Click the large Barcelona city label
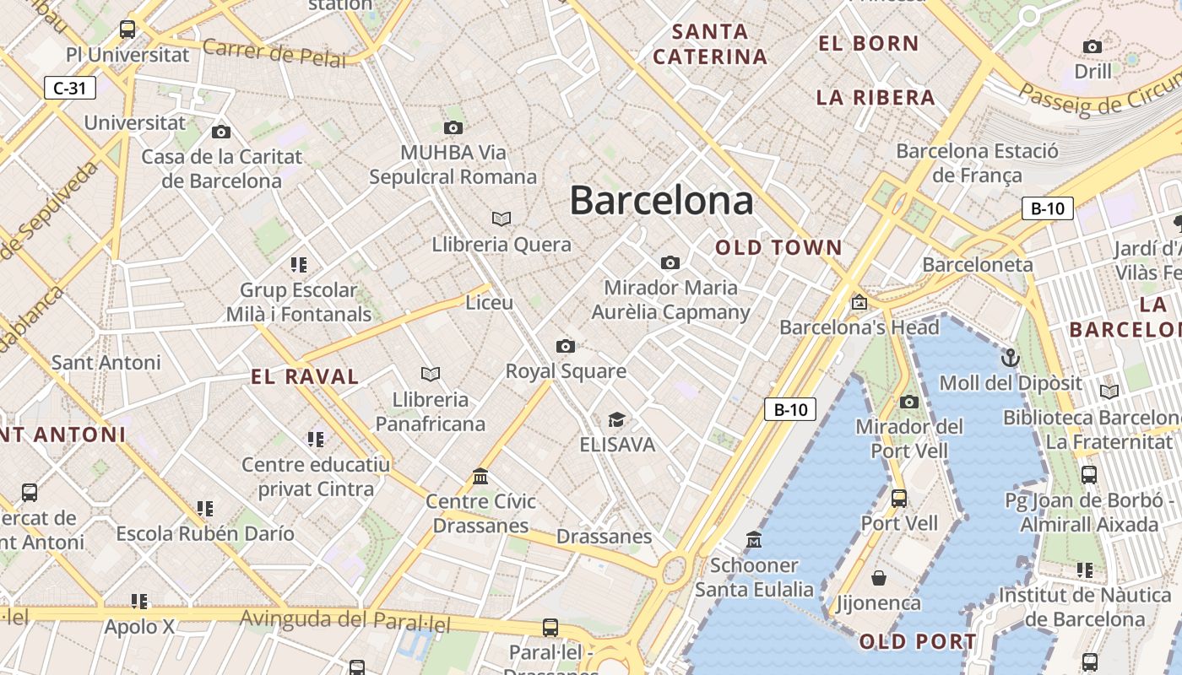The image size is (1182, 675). click(x=661, y=201)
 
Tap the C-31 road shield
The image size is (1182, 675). click(x=69, y=87)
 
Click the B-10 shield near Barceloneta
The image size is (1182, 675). click(x=1047, y=208)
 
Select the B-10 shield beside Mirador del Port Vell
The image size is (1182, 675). click(x=791, y=410)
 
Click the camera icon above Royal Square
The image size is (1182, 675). click(x=566, y=346)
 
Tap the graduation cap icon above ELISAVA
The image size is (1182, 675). click(x=617, y=419)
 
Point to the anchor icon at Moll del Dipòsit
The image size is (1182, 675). click(x=1010, y=359)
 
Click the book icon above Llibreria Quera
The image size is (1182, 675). click(x=502, y=219)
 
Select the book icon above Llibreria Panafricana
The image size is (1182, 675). click(x=431, y=374)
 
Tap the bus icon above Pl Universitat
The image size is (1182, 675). click(x=127, y=30)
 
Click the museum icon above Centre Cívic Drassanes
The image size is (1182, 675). click(x=480, y=477)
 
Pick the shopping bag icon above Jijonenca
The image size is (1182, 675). click(x=879, y=578)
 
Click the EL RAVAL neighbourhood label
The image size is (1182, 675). click(x=305, y=377)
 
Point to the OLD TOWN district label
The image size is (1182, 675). click(x=778, y=248)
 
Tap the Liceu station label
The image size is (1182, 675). click(x=490, y=302)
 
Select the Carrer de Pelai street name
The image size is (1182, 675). click(x=274, y=53)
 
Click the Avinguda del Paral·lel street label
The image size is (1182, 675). click(x=344, y=621)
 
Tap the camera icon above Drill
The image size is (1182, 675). click(x=1093, y=46)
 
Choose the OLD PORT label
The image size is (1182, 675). click(x=918, y=642)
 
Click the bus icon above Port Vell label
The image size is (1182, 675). click(x=899, y=498)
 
